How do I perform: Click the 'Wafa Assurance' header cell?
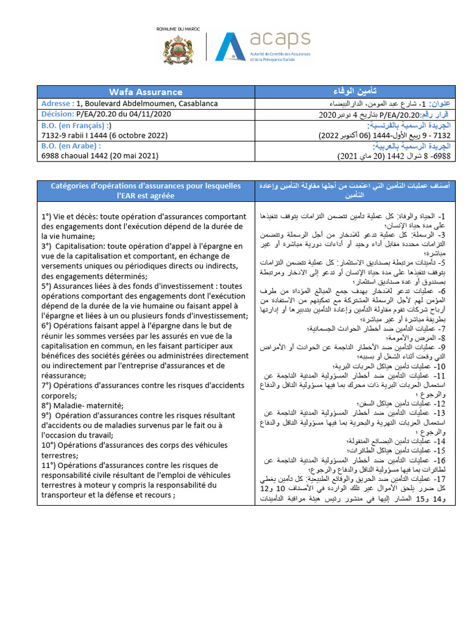pyautogui.click(x=146, y=92)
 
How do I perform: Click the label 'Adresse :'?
pyautogui.click(x=58, y=104)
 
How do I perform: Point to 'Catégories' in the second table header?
pyautogui.click(x=71, y=186)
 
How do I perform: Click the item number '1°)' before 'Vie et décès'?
pyautogui.click(x=47, y=216)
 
